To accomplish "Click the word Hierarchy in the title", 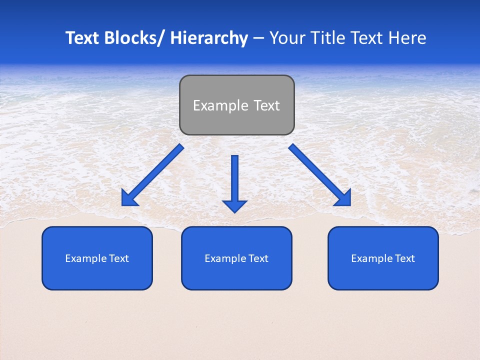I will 208,38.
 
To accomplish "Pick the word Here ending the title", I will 408,38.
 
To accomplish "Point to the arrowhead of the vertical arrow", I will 234,205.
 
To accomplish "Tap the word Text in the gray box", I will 266,105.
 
